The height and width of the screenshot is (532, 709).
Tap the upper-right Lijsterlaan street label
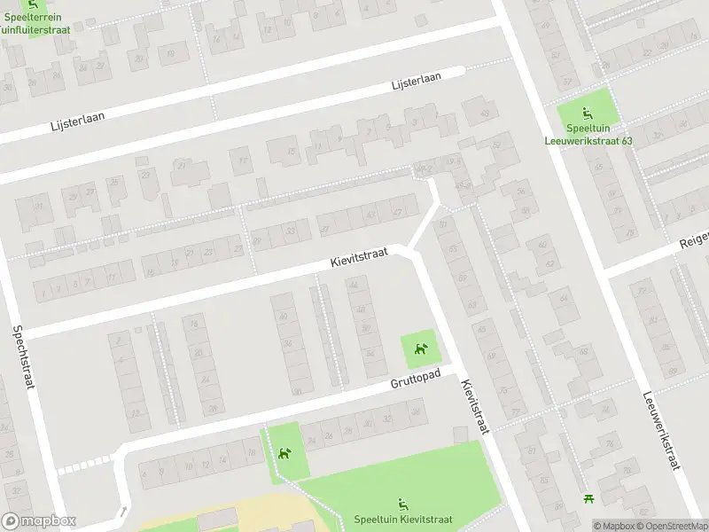point(417,82)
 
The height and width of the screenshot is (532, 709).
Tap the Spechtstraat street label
point(23,357)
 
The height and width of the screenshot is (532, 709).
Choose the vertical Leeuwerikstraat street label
point(659,441)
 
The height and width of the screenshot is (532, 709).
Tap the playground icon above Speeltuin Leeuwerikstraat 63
point(587,113)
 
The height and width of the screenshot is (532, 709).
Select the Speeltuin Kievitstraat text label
point(403,520)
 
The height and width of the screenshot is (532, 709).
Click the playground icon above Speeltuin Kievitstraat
point(403,504)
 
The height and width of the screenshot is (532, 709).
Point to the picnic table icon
point(586,500)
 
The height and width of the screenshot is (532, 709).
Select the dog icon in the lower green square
point(284,454)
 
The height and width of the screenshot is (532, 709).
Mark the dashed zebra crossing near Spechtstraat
point(86,464)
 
